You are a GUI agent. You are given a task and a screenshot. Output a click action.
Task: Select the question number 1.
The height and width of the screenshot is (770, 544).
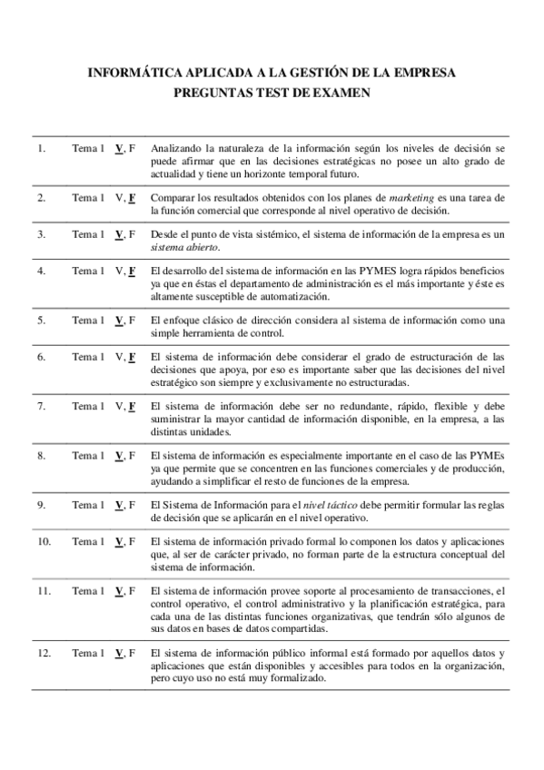pyautogui.click(x=41, y=147)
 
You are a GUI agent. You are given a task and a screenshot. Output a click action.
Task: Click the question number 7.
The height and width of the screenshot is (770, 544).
pyautogui.click(x=41, y=406)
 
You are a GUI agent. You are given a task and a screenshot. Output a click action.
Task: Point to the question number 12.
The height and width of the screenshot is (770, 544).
pyautogui.click(x=44, y=653)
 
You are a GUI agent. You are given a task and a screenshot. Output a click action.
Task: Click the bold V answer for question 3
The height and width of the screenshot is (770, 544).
pyautogui.click(x=119, y=234)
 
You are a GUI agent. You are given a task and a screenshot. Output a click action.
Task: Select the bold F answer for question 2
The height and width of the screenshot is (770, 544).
pyautogui.click(x=132, y=197)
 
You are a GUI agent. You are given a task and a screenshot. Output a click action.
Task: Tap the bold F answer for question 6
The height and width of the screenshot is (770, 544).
pyautogui.click(x=132, y=357)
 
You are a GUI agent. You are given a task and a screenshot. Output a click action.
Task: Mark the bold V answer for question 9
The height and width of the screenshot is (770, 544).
pyautogui.click(x=119, y=505)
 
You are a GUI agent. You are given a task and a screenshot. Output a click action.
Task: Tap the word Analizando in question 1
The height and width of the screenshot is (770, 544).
pyautogui.click(x=174, y=147)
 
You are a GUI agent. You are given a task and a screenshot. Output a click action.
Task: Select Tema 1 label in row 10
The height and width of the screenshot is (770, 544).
pyautogui.click(x=88, y=542)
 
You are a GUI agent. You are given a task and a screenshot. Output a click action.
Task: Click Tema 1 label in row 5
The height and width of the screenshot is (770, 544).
pyautogui.click(x=88, y=321)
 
